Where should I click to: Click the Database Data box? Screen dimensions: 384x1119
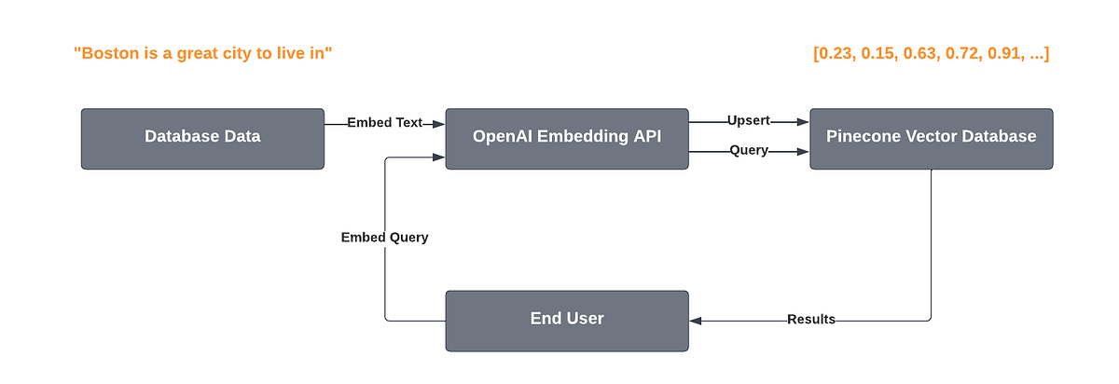(x=202, y=138)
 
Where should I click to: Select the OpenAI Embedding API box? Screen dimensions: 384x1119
(x=566, y=138)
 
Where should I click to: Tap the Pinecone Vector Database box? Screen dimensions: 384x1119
(x=931, y=138)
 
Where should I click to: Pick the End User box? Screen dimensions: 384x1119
(x=566, y=320)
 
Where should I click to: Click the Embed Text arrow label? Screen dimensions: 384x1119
(x=384, y=123)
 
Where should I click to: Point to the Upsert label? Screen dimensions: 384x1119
(x=748, y=121)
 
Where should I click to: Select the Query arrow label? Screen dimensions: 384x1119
(x=749, y=150)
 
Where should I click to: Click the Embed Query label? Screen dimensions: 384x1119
(x=384, y=237)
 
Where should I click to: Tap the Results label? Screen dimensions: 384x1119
(x=810, y=320)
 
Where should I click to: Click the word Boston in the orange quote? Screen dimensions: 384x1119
(x=108, y=54)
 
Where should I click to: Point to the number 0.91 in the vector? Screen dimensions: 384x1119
(x=1007, y=54)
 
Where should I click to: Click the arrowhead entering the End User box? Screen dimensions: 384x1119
(x=696, y=320)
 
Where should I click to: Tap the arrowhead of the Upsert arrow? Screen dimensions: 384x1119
(x=803, y=121)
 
